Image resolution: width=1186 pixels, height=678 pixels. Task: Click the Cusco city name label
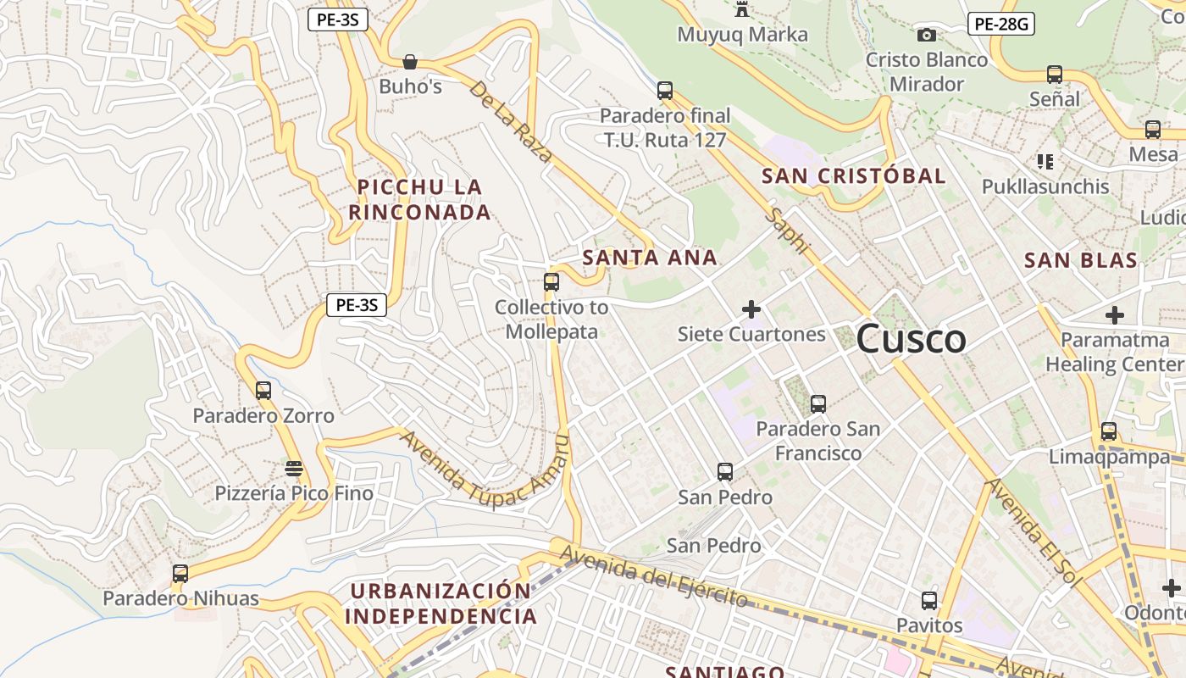point(911,339)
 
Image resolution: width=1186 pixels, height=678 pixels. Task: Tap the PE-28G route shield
point(1000,24)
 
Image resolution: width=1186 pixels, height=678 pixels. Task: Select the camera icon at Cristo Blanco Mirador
point(927,35)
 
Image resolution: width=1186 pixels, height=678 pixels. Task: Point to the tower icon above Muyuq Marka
point(743,9)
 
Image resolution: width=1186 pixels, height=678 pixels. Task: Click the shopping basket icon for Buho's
point(410,62)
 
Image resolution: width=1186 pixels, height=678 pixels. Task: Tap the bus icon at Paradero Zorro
point(263,391)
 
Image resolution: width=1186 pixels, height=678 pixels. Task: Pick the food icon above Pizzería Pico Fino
point(294,469)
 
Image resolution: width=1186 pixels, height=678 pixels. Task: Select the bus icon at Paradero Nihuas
point(180,574)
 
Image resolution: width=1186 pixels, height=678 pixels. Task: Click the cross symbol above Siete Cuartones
point(751,309)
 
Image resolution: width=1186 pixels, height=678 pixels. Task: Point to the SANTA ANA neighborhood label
point(650,258)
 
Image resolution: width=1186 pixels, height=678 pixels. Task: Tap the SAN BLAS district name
point(1080,260)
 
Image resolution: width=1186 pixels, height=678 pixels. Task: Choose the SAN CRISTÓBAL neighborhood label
point(853,176)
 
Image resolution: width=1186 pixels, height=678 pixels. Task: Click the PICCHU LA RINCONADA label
point(419,199)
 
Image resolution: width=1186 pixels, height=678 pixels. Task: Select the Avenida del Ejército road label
point(654,577)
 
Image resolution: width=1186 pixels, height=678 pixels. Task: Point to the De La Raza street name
point(511,121)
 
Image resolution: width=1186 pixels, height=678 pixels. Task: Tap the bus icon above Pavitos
point(929,601)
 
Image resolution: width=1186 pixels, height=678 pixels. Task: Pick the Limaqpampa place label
point(1109,457)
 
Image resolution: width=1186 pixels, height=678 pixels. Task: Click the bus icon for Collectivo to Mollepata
point(551,282)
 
